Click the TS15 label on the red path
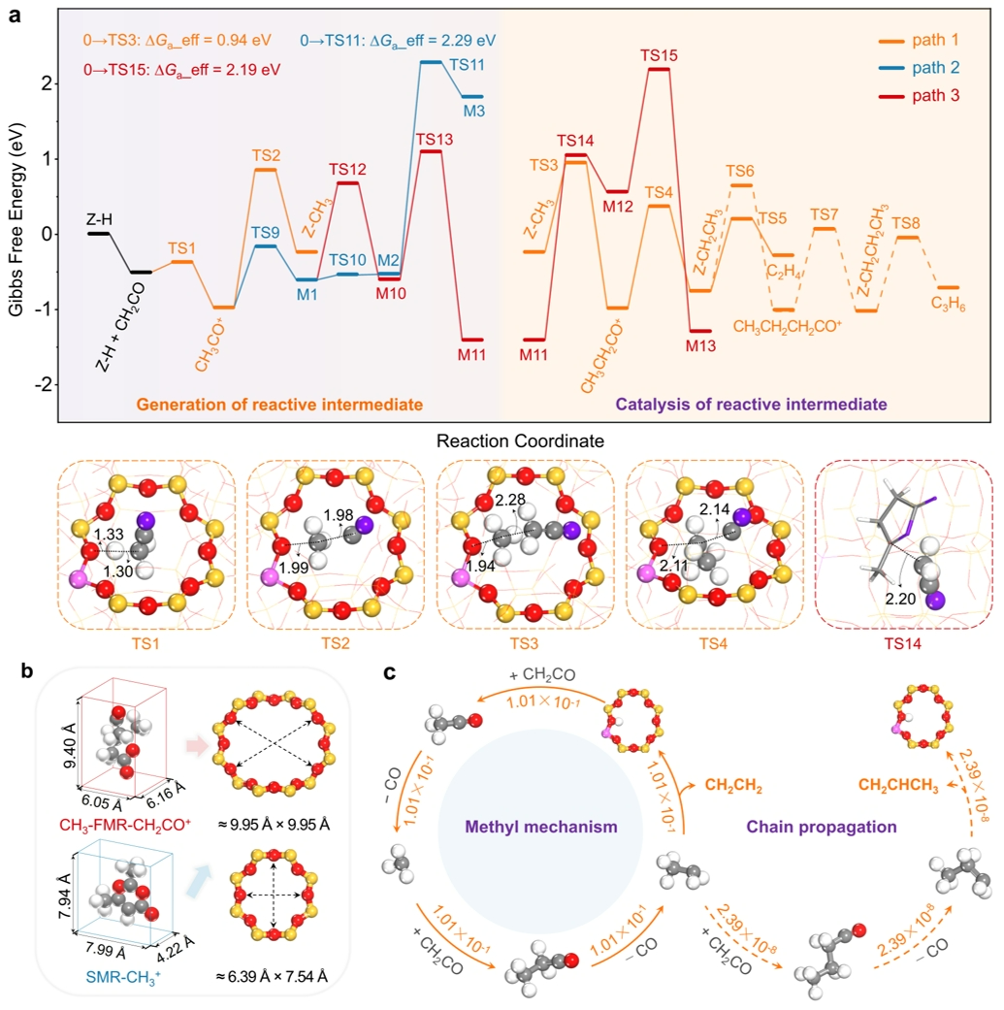(x=658, y=55)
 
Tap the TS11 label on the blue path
(x=467, y=65)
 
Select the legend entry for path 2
(x=919, y=68)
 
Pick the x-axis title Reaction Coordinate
(x=520, y=441)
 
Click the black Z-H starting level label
(x=99, y=219)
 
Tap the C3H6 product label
(x=948, y=304)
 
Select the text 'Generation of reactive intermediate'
(x=279, y=405)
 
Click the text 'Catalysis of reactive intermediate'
(x=751, y=405)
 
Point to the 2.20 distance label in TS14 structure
(x=900, y=599)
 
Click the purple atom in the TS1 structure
(x=146, y=520)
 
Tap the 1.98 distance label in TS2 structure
(x=339, y=515)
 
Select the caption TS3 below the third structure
(x=524, y=643)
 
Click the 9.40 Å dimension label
(x=70, y=746)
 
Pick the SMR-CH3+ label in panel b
(x=123, y=978)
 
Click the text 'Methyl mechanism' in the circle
(x=541, y=827)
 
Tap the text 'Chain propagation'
(x=821, y=827)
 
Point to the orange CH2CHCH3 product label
(x=898, y=785)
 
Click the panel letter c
(x=390, y=672)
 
